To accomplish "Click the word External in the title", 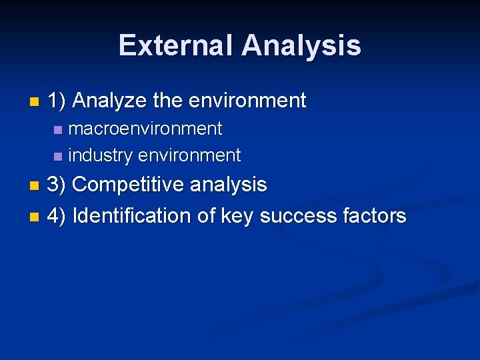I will (x=177, y=46).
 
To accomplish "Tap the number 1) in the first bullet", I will (x=57, y=101).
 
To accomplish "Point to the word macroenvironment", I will (x=145, y=128).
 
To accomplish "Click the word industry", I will (x=101, y=155).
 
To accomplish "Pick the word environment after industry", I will (x=189, y=155).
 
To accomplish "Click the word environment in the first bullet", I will (x=247, y=101).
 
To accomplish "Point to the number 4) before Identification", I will (x=57, y=216).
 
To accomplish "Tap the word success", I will (x=297, y=216).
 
